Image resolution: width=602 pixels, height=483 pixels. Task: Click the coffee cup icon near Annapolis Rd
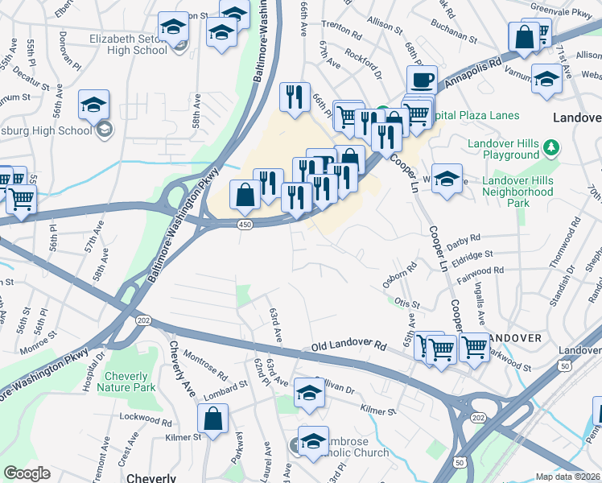422,80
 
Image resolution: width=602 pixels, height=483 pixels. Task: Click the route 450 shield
244,225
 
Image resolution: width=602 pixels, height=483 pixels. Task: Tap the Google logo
27,473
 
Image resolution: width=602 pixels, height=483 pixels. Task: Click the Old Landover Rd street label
348,346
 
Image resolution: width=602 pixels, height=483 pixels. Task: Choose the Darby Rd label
464,239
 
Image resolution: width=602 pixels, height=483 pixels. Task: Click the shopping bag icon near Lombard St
213,419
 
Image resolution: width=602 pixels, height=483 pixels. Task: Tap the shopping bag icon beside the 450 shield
244,195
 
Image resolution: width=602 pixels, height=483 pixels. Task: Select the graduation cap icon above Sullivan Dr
309,393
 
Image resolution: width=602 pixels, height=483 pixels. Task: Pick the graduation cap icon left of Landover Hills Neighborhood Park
447,179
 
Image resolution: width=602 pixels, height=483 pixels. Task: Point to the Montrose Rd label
206,363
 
